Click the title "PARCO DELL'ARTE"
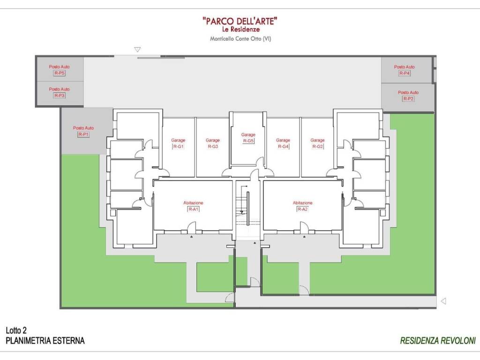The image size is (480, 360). tap(240, 21)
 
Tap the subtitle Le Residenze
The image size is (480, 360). tap(241, 30)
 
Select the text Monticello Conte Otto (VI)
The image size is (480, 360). tap(240, 38)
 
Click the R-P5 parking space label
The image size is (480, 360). tap(60, 70)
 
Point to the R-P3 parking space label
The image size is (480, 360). tap(60, 92)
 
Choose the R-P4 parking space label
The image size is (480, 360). tap(405, 70)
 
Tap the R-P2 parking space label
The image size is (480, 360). tap(408, 96)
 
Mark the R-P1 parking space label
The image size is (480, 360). tap(83, 131)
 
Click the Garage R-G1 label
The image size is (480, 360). tap(178, 143)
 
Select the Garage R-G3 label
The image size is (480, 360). tap(213, 143)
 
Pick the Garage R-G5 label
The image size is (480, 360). tap(248, 138)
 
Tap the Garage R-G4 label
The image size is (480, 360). tap(283, 143)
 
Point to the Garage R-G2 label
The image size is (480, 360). tap(317, 143)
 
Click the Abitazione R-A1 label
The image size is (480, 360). tap(193, 206)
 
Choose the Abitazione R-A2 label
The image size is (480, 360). tap(302, 206)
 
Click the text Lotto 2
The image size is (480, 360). tap(16, 330)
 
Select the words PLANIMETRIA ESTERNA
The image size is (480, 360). tap(45, 341)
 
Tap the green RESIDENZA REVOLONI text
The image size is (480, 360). tap(438, 341)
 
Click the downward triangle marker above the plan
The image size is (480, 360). tap(137, 50)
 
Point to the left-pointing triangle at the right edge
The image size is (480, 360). tap(443, 301)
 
